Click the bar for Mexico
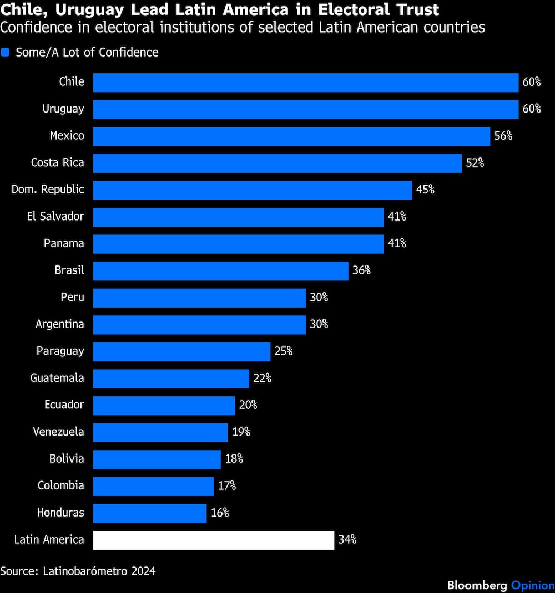coord(291,136)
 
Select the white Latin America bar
coord(214,540)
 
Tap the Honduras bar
coord(150,513)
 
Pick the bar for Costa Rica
coord(277,163)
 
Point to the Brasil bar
coord(220,270)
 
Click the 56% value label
coord(503,136)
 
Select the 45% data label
coord(425,190)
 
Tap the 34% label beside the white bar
coord(347,540)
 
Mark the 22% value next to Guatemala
coord(262,378)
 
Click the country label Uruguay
coord(63,109)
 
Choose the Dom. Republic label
coord(48,190)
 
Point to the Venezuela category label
coord(58,432)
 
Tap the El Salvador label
coord(56,217)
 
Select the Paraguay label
coord(60,351)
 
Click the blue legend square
coord(6,53)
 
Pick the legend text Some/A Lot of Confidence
coord(87,53)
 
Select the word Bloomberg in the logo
coord(477,586)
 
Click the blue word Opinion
coord(532,586)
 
